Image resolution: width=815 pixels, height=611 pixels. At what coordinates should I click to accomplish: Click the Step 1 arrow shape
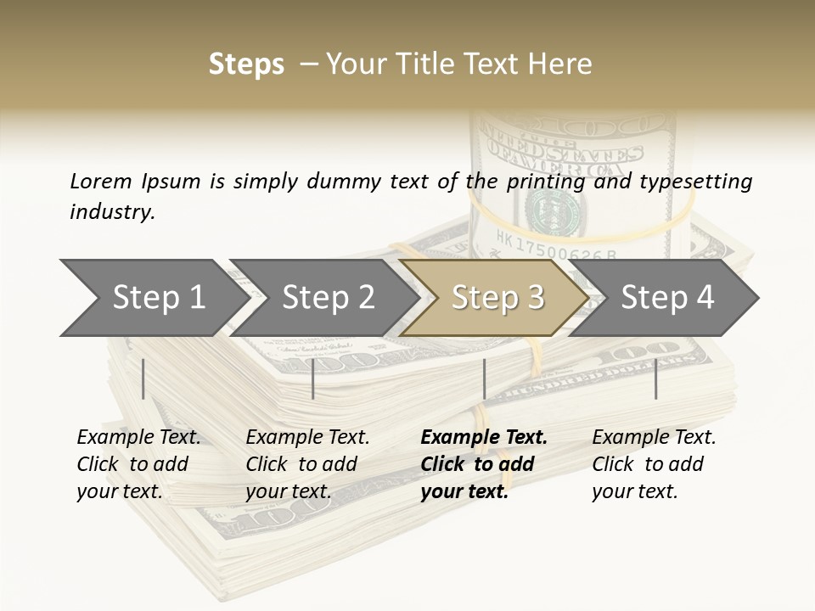tap(153, 298)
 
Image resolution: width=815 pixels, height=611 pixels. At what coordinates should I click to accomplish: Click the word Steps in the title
tap(246, 64)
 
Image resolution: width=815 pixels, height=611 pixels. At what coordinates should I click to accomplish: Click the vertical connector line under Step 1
tap(143, 378)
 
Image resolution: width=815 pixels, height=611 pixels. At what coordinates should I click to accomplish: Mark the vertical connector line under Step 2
tap(313, 378)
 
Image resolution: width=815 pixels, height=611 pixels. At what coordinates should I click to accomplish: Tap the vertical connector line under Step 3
tap(484, 378)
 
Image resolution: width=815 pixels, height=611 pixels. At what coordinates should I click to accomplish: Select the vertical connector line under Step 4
tap(655, 378)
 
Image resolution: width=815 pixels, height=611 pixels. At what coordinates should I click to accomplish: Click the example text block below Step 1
tap(138, 464)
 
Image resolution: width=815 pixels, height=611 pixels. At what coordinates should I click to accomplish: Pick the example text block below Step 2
tap(307, 464)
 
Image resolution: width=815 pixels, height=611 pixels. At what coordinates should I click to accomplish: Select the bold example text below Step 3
tap(484, 464)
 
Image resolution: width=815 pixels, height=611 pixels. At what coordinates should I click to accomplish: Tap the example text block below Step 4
tap(654, 464)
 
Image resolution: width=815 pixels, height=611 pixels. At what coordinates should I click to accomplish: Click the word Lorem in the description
tap(100, 182)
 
